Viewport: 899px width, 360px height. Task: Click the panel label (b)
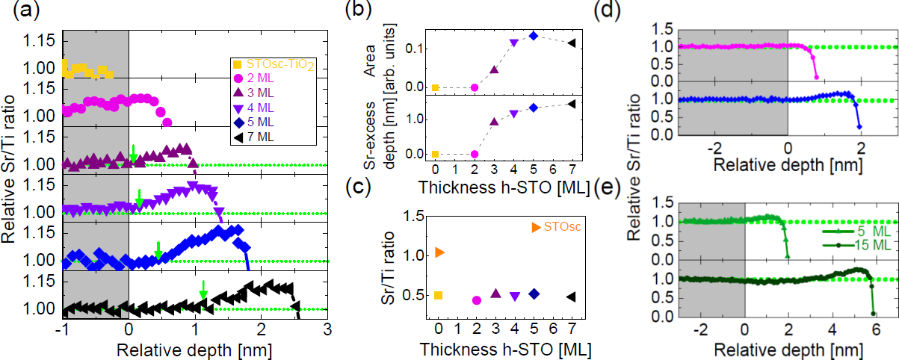373,11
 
